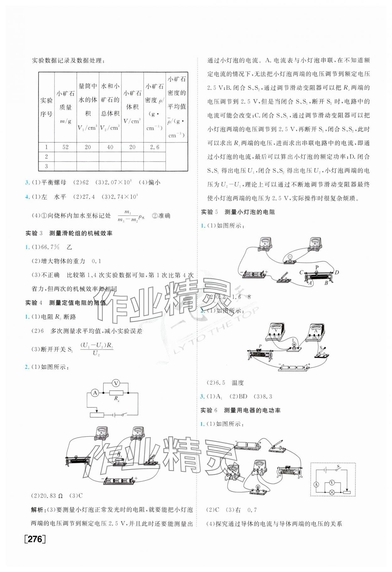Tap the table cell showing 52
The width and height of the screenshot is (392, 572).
click(x=65, y=147)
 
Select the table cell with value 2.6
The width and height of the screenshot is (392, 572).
click(x=154, y=147)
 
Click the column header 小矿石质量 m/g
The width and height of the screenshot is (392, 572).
click(x=66, y=107)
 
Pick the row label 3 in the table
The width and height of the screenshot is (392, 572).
click(x=46, y=166)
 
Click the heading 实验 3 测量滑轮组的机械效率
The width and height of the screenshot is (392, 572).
click(x=69, y=233)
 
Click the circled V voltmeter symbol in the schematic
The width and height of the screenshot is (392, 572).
click(x=116, y=383)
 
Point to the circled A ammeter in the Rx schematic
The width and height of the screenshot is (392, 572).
click(x=95, y=393)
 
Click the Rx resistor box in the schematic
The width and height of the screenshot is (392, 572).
click(x=116, y=393)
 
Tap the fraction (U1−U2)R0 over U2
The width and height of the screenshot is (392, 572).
click(x=97, y=349)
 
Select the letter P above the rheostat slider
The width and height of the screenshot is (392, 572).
click(x=317, y=267)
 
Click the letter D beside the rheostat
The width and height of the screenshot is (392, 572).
click(x=337, y=272)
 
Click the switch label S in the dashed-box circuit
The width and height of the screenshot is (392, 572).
click(x=338, y=467)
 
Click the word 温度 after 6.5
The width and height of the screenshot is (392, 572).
click(x=238, y=383)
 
